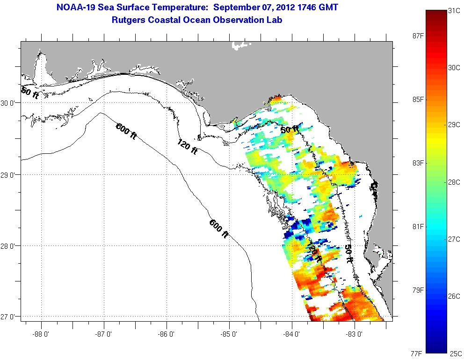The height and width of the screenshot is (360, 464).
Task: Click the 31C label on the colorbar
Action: point(453,11)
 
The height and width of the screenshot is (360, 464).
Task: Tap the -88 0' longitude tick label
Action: point(41,334)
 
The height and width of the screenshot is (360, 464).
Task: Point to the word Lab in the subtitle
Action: point(275,20)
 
